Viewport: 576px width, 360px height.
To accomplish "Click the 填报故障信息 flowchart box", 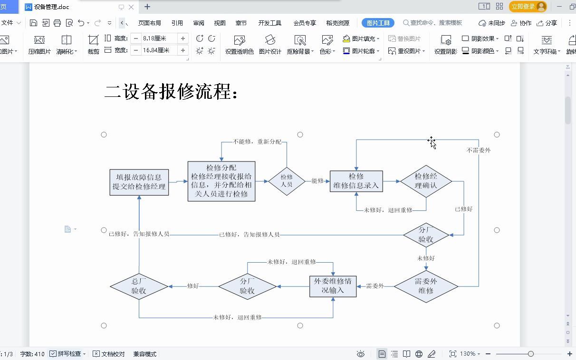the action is coord(139,182).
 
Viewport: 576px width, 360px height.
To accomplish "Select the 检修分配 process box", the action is coord(221,181).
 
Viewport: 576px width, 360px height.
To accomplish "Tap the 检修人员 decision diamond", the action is coord(287,181).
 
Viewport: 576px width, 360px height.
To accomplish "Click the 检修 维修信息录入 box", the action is coord(356,181).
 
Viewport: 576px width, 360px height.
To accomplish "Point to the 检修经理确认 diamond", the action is coord(426,181).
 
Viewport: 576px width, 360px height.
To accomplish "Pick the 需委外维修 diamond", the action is coord(426,286).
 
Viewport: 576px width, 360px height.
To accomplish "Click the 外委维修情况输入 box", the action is coord(333,286).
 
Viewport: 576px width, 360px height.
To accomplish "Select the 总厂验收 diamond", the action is coord(139,286).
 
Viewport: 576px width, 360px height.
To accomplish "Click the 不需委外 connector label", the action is coord(479,150).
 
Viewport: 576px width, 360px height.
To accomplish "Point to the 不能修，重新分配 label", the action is coord(257,142).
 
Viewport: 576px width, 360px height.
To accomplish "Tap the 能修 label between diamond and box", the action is coord(317,180).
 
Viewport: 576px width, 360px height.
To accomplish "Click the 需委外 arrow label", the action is coord(375,286).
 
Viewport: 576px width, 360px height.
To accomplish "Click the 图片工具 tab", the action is coord(378,23).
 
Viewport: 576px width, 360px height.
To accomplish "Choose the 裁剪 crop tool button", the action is coord(93,45).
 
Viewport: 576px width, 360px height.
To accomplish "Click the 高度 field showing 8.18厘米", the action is coord(159,38).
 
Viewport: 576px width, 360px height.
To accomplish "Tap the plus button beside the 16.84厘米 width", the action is coord(183,50).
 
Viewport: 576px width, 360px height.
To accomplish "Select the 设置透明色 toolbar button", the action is coord(240,45).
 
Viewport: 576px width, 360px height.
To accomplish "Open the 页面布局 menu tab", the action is coord(149,23).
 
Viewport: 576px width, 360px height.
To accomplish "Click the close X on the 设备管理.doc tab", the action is coord(131,7).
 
